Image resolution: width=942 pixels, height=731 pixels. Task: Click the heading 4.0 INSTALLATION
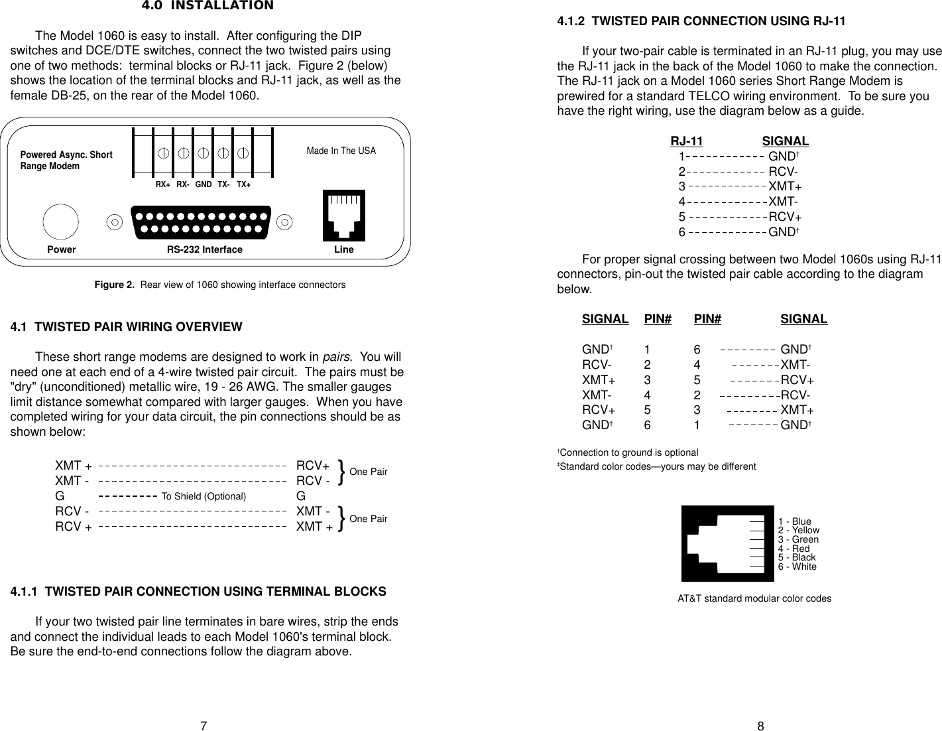pos(207,6)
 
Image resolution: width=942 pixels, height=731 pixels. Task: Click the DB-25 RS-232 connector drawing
pos(202,222)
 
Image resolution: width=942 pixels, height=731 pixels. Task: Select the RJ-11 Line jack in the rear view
pos(343,216)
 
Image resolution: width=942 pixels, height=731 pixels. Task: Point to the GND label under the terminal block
pos(204,184)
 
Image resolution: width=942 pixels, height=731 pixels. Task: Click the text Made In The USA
pos(341,151)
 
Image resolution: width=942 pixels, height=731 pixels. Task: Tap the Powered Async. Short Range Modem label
pos(66,161)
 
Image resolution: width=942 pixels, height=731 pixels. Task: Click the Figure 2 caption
pos(219,285)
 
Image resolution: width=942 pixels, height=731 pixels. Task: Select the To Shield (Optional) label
pos(204,496)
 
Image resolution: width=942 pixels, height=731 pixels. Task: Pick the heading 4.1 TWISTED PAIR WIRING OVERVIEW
pos(126,327)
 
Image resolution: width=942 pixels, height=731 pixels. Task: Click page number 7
pos(205,726)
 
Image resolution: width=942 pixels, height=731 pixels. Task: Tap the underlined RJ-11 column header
pos(686,141)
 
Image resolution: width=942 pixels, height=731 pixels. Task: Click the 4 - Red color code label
pos(794,549)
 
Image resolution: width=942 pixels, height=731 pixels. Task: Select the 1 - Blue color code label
pos(794,521)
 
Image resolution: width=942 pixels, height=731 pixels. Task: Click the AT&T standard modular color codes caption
pos(754,598)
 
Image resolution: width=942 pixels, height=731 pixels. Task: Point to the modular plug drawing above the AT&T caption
pos(726,543)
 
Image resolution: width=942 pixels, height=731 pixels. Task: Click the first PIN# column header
pos(658,319)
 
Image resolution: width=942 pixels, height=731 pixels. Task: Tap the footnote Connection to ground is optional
pos(628,452)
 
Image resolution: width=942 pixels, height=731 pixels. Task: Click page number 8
pos(760,726)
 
